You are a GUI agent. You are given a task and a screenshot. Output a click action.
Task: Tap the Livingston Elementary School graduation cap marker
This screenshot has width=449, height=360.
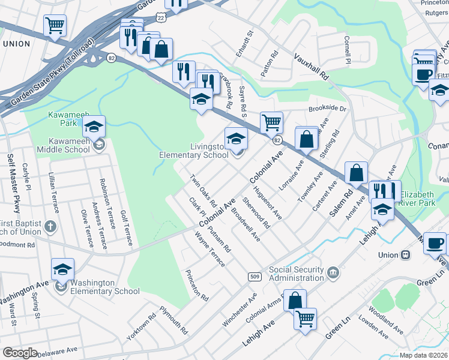click(236, 139)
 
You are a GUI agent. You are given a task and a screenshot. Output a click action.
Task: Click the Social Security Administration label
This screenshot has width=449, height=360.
click(297, 274)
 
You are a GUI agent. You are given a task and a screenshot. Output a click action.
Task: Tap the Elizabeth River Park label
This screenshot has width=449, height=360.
click(425, 199)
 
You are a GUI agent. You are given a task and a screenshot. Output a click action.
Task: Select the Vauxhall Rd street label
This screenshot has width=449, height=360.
click(312, 66)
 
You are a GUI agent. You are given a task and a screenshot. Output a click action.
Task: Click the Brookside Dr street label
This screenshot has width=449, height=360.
click(328, 109)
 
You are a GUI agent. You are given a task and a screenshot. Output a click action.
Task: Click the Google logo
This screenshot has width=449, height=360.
click(20, 353)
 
